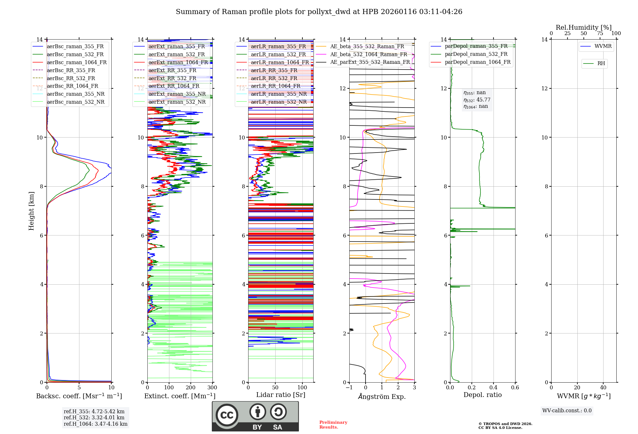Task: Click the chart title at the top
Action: coord(319,12)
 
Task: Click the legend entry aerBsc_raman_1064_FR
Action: coord(77,62)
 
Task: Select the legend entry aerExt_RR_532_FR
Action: coord(172,78)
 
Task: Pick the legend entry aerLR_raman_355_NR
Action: coord(278,94)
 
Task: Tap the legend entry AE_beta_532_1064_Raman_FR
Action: coord(368,54)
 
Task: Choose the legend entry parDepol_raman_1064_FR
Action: coord(478,62)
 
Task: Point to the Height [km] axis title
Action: coord(31,211)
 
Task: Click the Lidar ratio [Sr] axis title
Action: coord(281,395)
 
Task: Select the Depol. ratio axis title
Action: coord(482,395)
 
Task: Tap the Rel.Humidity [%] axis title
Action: coord(583,27)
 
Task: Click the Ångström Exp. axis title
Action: coord(382,396)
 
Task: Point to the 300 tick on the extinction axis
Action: coord(212,388)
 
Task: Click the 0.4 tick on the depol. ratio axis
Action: coord(493,388)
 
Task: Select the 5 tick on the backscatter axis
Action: coord(79,388)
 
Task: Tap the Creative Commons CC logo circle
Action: coord(227,415)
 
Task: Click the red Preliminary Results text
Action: coord(333,425)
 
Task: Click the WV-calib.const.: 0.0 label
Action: coord(567,411)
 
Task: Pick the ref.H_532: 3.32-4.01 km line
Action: coord(94,418)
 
